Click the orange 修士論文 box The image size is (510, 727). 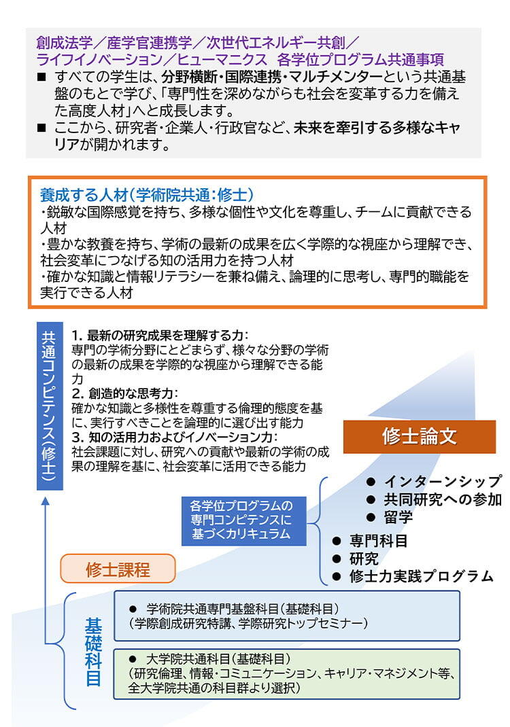420,436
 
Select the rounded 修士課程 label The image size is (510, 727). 118,569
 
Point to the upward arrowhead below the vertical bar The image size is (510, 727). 46,501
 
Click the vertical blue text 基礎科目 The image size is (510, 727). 93,652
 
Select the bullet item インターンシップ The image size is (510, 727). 434,481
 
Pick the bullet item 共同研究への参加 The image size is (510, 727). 434,499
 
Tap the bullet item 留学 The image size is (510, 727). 390,517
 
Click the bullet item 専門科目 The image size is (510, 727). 370,541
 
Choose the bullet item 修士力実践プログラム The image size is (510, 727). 413,576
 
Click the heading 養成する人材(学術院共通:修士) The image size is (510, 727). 147,195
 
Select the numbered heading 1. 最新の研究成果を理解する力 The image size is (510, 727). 160,335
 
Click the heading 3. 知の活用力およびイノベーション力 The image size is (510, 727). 175,438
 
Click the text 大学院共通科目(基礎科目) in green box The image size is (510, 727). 218,658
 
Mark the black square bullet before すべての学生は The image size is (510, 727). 41,77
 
